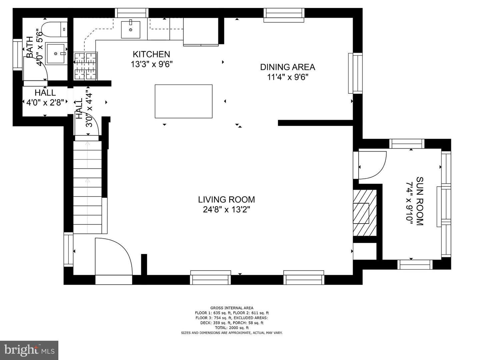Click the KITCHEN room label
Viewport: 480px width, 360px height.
pyautogui.click(x=151, y=54)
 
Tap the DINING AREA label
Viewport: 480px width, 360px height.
pyautogui.click(x=288, y=67)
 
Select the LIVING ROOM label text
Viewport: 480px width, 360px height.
pyautogui.click(x=227, y=200)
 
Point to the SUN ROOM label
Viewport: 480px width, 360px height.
pyautogui.click(x=420, y=201)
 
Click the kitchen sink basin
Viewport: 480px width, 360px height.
pyautogui.click(x=131, y=30)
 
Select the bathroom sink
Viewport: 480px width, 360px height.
pyautogui.click(x=56, y=53)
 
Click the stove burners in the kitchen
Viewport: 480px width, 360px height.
pyautogui.click(x=85, y=66)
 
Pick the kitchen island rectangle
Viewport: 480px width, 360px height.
pyautogui.click(x=183, y=101)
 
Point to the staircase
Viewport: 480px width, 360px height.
pyautogui.click(x=87, y=187)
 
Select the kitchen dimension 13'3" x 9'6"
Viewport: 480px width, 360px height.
pyautogui.click(x=152, y=64)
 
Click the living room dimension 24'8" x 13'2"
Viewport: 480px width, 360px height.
pyautogui.click(x=227, y=210)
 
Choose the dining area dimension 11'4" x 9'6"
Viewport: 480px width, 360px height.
pyautogui.click(x=288, y=77)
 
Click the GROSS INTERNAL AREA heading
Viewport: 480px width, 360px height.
pyautogui.click(x=232, y=308)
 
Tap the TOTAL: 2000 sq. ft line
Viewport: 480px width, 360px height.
pyautogui.click(x=232, y=328)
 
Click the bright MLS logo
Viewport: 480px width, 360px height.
pyautogui.click(x=29, y=350)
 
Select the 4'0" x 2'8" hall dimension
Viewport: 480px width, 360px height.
pyautogui.click(x=45, y=102)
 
